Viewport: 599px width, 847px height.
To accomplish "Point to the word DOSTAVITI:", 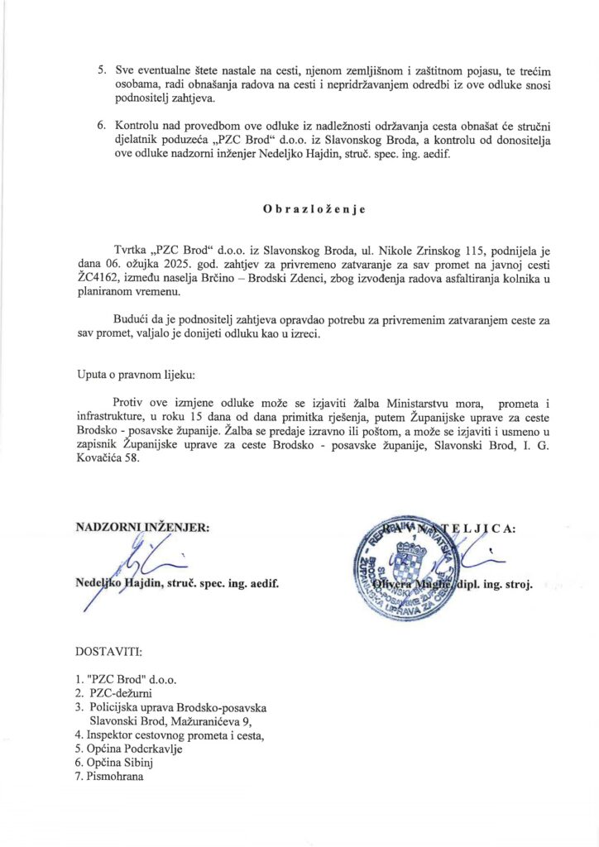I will [110, 653].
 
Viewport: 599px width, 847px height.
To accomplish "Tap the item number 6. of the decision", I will [101, 126].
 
